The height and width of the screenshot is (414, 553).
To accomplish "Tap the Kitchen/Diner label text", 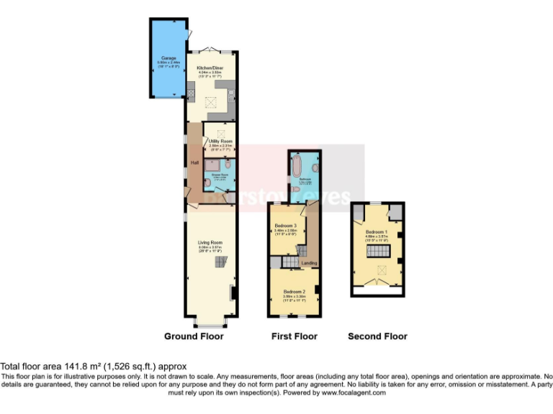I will [210, 68].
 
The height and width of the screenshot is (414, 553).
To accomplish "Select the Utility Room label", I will [220, 141].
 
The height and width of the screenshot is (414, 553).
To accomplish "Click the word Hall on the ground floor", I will [194, 163].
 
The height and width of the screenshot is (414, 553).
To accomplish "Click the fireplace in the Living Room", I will [232, 293].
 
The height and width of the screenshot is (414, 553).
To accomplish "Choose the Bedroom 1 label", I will [376, 231].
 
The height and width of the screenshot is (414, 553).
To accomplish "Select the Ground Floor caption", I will [194, 336].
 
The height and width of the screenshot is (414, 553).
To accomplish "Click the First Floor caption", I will [294, 336].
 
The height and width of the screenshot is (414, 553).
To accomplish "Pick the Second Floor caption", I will [377, 336].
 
